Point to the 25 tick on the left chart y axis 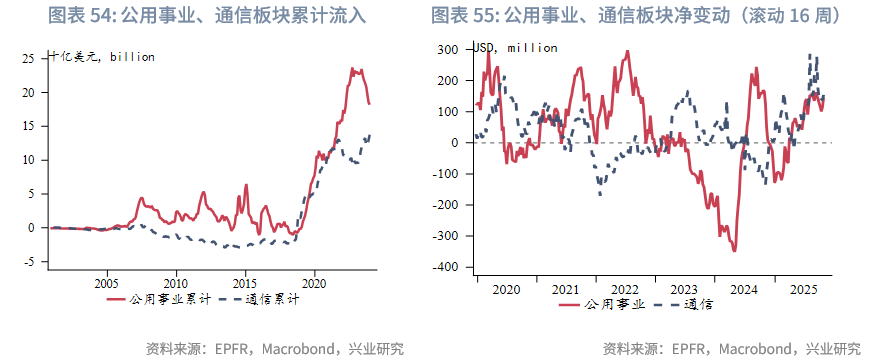[x=30, y=58]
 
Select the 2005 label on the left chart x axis [x=106, y=282]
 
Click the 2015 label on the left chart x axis [x=244, y=282]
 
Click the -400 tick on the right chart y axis [x=445, y=268]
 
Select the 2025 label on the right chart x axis [x=801, y=289]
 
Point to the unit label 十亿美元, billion [x=102, y=57]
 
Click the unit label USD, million [x=516, y=47]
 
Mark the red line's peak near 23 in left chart [x=352, y=69]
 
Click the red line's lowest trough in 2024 [x=734, y=250]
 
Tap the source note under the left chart [x=274, y=348]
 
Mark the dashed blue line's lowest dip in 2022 [x=600, y=192]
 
